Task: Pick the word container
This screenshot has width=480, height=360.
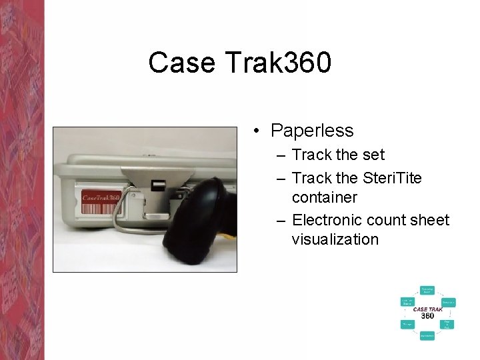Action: pyautogui.click(x=324, y=198)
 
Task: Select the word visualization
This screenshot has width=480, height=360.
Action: pyautogui.click(x=335, y=239)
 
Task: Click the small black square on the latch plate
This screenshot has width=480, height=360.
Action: pyautogui.click(x=158, y=185)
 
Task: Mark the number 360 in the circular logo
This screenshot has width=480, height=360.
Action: pyautogui.click(x=427, y=316)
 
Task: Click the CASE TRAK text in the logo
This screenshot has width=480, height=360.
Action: pyautogui.click(x=427, y=309)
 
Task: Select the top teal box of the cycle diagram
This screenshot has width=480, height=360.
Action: pyautogui.click(x=427, y=291)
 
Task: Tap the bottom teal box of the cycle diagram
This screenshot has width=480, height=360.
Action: pyautogui.click(x=427, y=335)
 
